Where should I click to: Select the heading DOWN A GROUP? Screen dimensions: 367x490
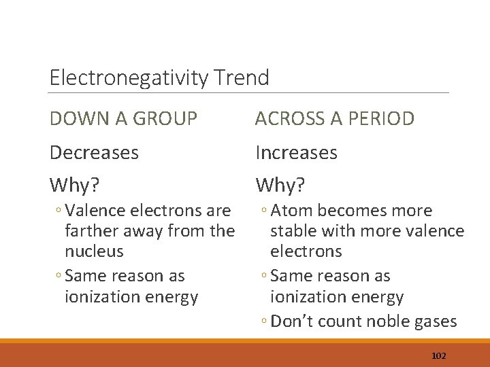point(124,119)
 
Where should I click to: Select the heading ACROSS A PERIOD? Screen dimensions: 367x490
point(335,119)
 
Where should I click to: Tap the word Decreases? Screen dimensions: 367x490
point(94,153)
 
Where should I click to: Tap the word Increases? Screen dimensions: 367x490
point(297,153)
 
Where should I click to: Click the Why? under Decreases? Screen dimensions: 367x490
point(73,185)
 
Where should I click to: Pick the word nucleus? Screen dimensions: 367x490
point(94,251)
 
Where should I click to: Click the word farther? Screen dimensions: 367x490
point(89,231)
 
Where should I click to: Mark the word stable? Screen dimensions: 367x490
point(293,231)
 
